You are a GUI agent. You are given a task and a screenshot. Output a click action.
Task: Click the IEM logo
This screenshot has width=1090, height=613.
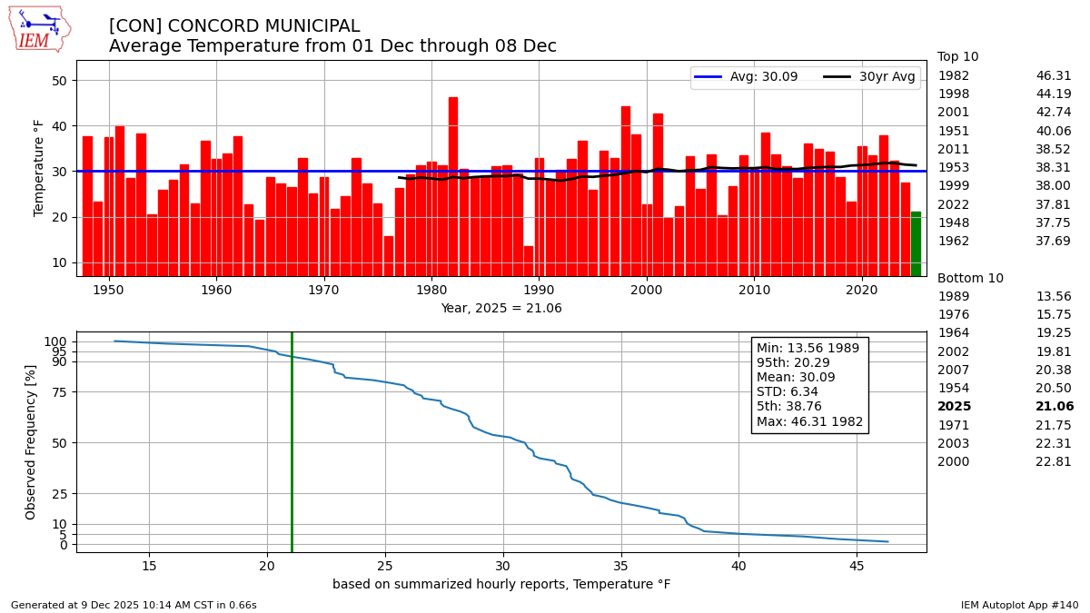pyautogui.click(x=39, y=28)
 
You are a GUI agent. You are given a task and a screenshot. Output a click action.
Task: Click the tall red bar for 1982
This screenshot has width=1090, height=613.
pyautogui.click(x=453, y=186)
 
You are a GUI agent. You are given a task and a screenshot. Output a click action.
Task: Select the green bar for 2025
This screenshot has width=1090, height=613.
pyautogui.click(x=916, y=243)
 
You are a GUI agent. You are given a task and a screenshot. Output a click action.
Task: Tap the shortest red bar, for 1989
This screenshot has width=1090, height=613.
pyautogui.click(x=529, y=261)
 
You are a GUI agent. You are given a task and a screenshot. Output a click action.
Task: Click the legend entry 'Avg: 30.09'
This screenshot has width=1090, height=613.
pyautogui.click(x=747, y=77)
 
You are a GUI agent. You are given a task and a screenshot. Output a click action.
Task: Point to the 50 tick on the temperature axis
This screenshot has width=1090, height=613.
pyautogui.click(x=60, y=81)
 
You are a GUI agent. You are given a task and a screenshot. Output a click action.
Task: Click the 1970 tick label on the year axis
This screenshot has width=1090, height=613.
pyautogui.click(x=323, y=290)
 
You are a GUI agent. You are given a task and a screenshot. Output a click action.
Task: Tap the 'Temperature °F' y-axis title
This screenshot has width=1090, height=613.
pyautogui.click(x=39, y=168)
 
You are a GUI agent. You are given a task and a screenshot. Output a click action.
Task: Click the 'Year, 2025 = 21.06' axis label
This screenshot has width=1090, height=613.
pyautogui.click(x=501, y=309)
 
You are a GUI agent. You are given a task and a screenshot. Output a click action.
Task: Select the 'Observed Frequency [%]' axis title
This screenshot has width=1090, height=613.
pyautogui.click(x=32, y=441)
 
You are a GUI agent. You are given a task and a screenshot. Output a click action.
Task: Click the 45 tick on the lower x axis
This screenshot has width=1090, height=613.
pyautogui.click(x=857, y=567)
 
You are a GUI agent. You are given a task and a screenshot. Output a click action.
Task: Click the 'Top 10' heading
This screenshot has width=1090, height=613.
pyautogui.click(x=958, y=56)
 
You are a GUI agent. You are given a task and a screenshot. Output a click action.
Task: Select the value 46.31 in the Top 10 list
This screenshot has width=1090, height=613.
pyautogui.click(x=1054, y=76)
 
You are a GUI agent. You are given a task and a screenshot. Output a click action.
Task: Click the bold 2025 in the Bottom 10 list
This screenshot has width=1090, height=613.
pyautogui.click(x=954, y=407)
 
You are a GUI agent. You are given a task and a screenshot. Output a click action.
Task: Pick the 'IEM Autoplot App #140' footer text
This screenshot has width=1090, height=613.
pyautogui.click(x=1019, y=605)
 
